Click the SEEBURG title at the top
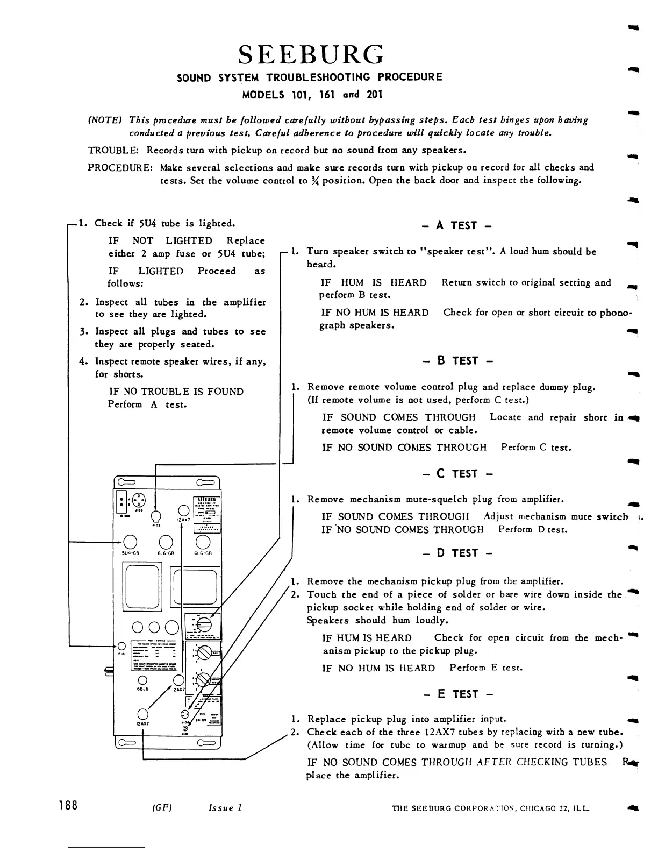coord(311,54)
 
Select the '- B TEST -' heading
coord(457,360)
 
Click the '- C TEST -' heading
coord(457,474)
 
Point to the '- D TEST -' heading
coord(457,553)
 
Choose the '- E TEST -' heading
coord(457,694)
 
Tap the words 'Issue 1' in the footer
coord(225,807)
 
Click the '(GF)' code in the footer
coord(162,807)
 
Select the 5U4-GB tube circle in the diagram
coord(130,542)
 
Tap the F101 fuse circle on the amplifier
coord(121,646)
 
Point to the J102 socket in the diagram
coord(156,517)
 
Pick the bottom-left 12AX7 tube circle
coord(142,714)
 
